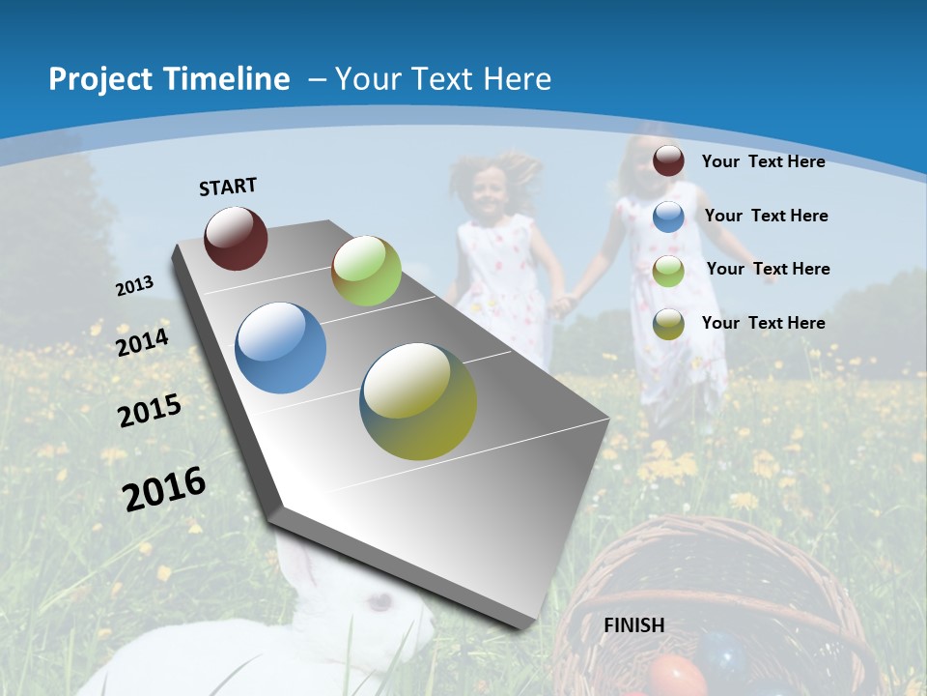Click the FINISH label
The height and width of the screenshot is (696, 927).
633,625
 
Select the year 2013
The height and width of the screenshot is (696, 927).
135,286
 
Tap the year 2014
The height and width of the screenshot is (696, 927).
143,343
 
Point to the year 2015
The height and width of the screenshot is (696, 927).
150,411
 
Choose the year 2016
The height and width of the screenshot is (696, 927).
164,488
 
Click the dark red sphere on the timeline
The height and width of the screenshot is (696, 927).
236,238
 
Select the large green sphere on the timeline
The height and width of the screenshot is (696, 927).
366,271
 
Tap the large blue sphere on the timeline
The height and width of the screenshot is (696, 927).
281,348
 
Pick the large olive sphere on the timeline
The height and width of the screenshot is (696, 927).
418,401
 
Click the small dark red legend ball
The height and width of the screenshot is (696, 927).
668,161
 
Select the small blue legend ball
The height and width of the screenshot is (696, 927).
668,217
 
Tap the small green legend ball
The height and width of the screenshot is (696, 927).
668,271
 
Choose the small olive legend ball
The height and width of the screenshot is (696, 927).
668,324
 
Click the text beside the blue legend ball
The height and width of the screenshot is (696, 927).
766,216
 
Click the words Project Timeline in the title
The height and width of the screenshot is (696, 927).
169,79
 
